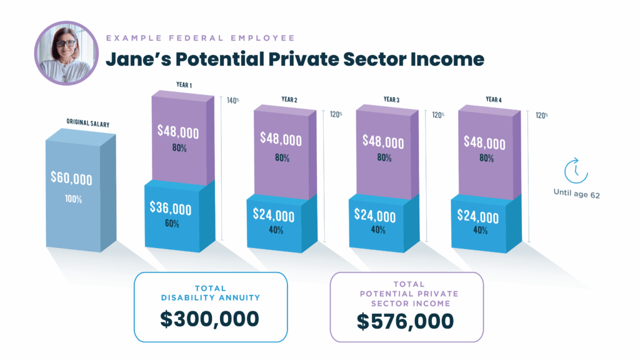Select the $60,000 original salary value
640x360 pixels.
pyautogui.click(x=71, y=178)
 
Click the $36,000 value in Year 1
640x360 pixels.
pyautogui.click(x=171, y=209)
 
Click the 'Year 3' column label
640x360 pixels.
pyautogui.click(x=391, y=99)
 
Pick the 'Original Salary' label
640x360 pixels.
pyautogui.click(x=88, y=124)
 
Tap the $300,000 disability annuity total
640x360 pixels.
pyautogui.click(x=209, y=319)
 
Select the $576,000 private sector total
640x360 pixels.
pyautogui.click(x=406, y=321)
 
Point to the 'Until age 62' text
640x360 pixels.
pyautogui.click(x=576, y=194)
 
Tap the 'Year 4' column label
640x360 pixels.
pyautogui.click(x=493, y=99)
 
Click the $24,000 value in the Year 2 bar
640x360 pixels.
pyautogui.click(x=273, y=215)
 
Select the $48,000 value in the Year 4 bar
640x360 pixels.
pyautogui.click(x=484, y=142)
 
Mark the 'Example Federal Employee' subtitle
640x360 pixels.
pyautogui.click(x=200, y=39)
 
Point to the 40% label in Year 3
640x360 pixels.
pyautogui.click(x=377, y=231)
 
